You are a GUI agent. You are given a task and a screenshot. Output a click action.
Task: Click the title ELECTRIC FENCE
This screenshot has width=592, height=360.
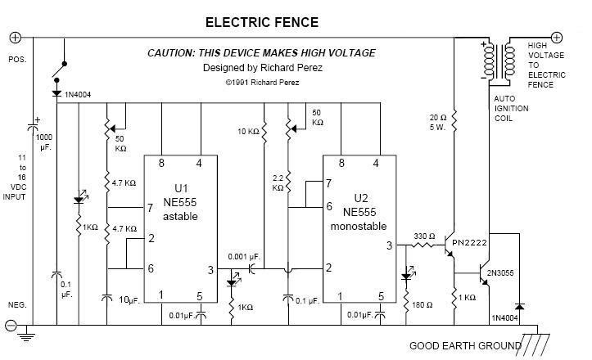coord(262,23)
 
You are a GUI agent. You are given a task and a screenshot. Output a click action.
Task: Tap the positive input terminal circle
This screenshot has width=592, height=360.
coord(15,38)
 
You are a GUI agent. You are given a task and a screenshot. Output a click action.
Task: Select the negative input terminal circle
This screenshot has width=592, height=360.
coord(11,325)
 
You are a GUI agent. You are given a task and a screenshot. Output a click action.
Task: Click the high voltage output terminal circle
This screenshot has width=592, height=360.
coord(557,38)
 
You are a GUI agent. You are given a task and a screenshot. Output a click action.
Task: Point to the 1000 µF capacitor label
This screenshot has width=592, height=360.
coord(44,142)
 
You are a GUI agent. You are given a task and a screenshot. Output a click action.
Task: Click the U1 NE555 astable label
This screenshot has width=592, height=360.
coord(180,202)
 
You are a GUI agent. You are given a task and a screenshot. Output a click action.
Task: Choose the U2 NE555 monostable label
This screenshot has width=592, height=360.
coord(359,212)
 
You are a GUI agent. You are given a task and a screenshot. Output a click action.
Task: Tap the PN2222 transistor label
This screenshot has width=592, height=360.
coord(469,243)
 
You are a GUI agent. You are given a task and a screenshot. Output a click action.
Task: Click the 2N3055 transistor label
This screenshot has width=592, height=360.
coord(500,272)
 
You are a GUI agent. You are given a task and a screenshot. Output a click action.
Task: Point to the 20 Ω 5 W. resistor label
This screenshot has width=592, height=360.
coord(438,122)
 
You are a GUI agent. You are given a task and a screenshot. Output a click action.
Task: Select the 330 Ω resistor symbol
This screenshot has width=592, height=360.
coord(423,245)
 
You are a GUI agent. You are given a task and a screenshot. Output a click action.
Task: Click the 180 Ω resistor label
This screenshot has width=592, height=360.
coord(423,305)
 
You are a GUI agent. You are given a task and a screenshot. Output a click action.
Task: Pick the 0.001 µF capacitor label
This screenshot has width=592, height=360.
coord(244,257)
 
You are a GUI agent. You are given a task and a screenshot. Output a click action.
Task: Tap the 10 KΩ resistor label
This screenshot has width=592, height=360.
coord(248,132)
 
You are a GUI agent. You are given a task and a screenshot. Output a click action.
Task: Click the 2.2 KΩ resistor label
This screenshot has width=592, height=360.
coord(278,182)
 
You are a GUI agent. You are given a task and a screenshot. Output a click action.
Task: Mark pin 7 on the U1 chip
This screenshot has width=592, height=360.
coord(151,208)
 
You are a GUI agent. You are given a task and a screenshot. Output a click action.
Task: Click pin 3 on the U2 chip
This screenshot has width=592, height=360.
coord(389,246)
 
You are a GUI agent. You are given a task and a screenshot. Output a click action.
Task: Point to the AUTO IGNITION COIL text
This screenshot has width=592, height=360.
coord(511,109)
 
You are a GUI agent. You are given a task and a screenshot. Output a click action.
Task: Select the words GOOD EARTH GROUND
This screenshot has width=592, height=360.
coord(465,345)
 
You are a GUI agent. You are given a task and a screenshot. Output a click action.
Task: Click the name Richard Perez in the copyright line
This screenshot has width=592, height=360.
coord(274,83)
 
